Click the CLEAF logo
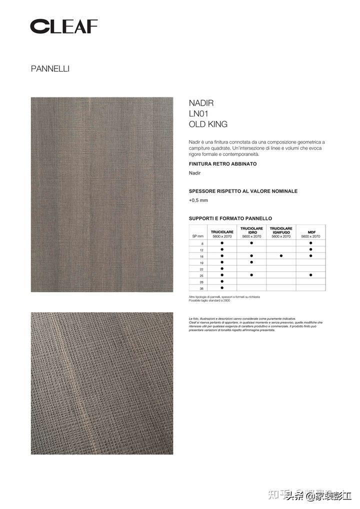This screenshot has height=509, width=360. [x=64, y=26]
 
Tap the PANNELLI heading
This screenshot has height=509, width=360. [x=50, y=69]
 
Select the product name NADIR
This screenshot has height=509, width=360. [x=201, y=103]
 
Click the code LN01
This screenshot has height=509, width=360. [x=198, y=113]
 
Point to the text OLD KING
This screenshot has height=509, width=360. [x=208, y=124]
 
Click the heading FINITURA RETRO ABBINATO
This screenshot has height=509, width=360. [x=222, y=164]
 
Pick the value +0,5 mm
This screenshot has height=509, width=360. [x=198, y=200]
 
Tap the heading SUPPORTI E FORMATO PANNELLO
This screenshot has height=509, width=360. [x=230, y=218]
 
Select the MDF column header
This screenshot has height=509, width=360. [x=310, y=233]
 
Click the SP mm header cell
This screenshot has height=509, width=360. [x=195, y=236]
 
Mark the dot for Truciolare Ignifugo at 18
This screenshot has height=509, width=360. [x=281, y=255]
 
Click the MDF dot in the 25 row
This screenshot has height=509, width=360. [x=310, y=274]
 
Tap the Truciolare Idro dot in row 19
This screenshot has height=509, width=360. [x=251, y=261]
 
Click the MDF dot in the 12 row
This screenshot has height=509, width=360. [x=310, y=249]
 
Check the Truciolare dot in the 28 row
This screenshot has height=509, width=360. [x=222, y=281]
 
